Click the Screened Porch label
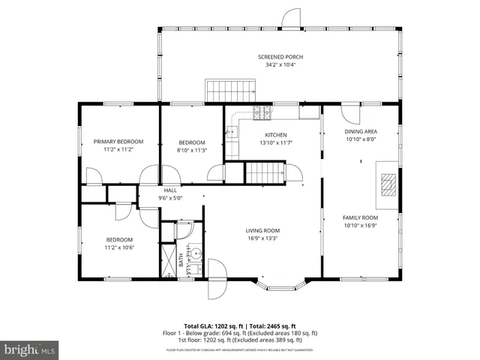coord(280,57)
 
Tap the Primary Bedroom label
coord(118,141)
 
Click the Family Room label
coord(361,217)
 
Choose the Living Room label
coord(262,231)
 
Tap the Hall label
coord(170,190)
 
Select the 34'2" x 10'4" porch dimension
coord(280,64)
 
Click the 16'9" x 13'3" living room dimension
coord(262,238)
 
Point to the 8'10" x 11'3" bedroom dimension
coord(192,150)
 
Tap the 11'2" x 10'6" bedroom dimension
coord(118,247)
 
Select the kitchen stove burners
coord(262,113)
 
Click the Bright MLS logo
coord(30,349)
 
